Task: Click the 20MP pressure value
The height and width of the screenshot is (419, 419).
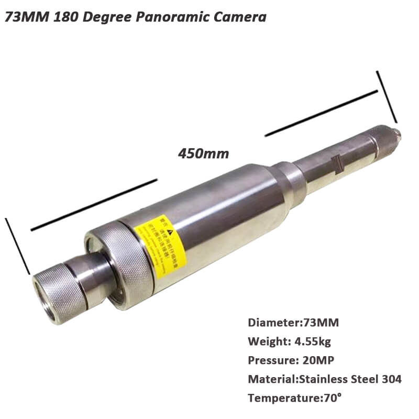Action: [315, 360]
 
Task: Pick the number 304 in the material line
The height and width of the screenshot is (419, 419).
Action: [390, 379]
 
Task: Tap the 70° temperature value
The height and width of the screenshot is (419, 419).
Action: [330, 398]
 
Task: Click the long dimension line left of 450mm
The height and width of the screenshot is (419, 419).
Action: [94, 204]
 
